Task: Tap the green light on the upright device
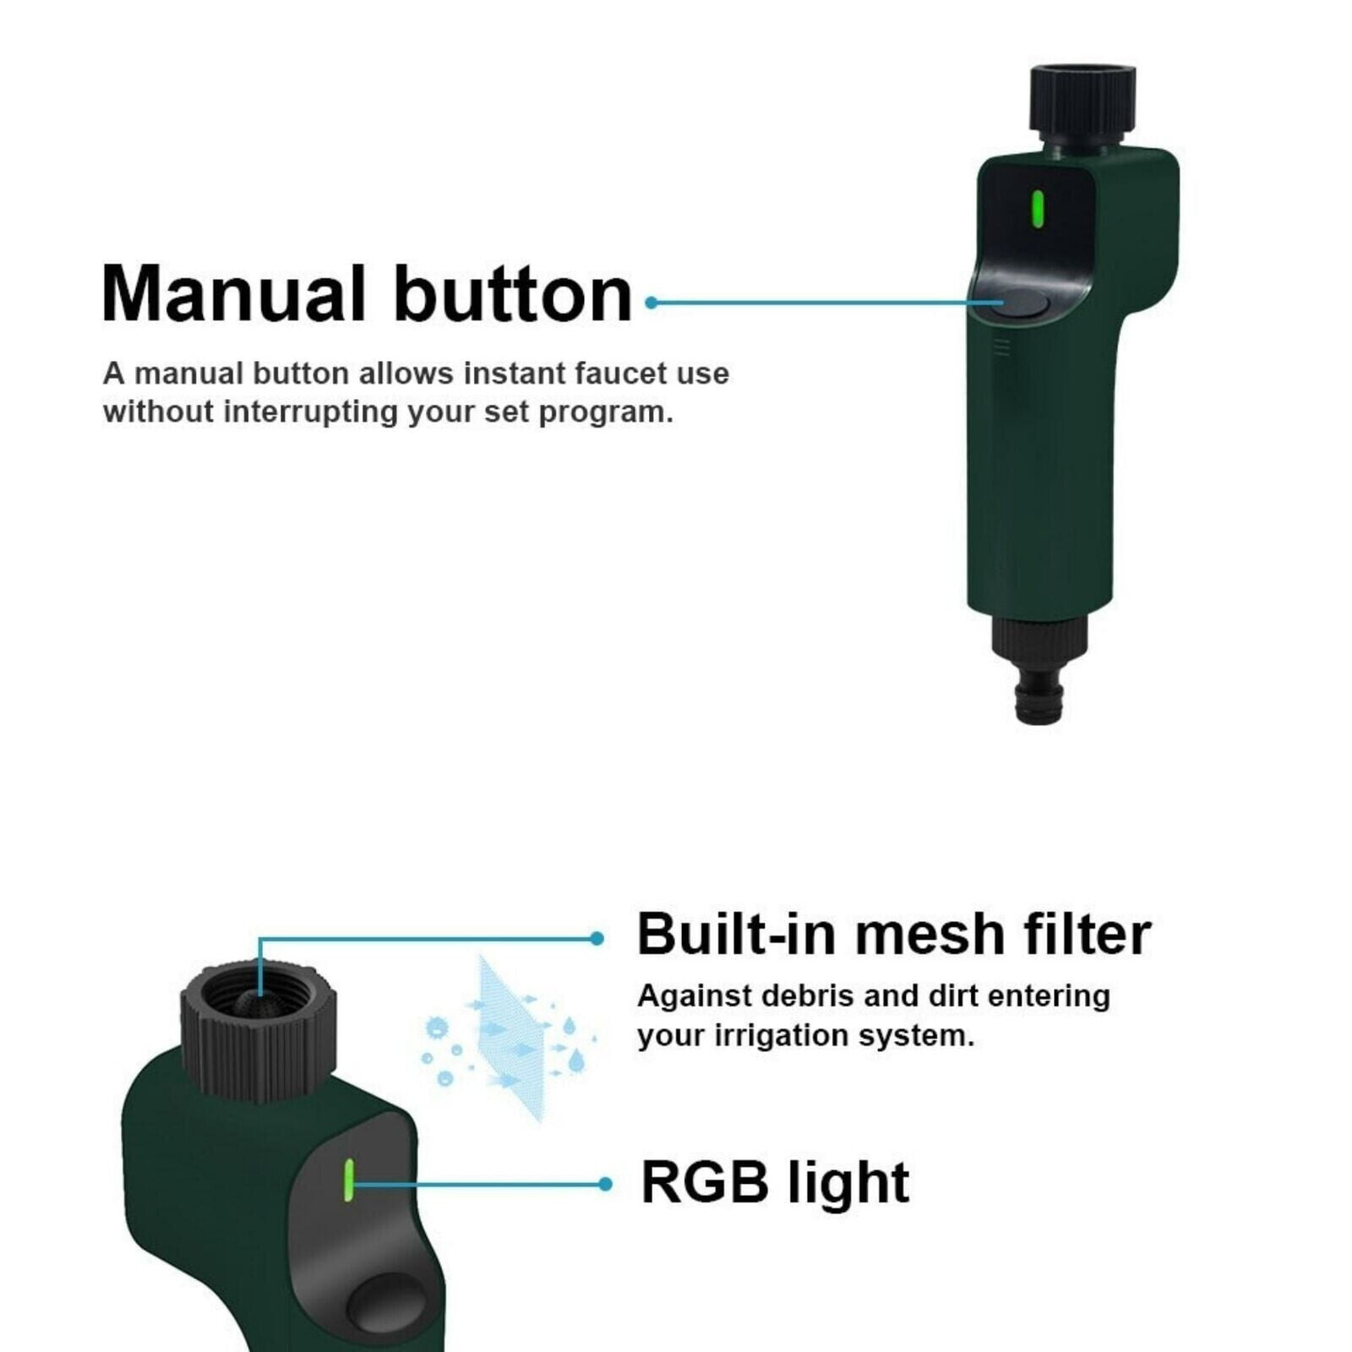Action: (x=1038, y=210)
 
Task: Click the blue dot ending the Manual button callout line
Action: (x=651, y=303)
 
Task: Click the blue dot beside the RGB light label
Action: (x=604, y=1185)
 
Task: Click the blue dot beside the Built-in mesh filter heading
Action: (x=597, y=938)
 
